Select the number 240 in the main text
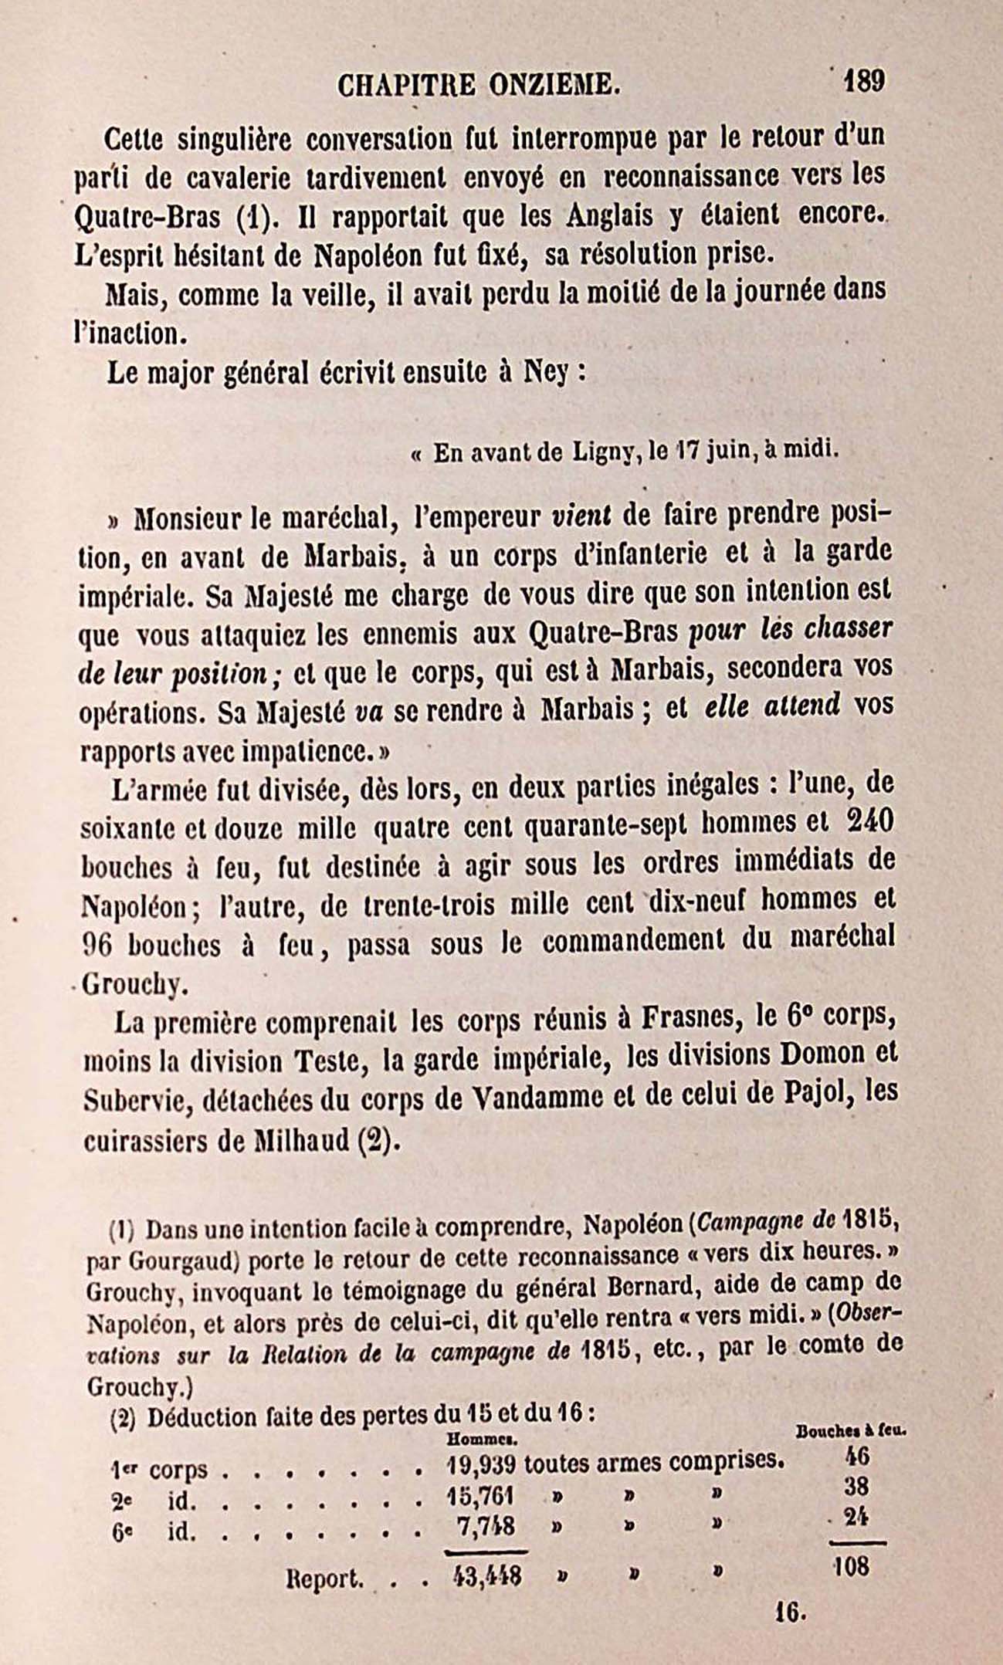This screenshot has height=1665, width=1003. tap(869, 821)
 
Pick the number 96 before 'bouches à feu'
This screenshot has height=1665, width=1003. tap(98, 946)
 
